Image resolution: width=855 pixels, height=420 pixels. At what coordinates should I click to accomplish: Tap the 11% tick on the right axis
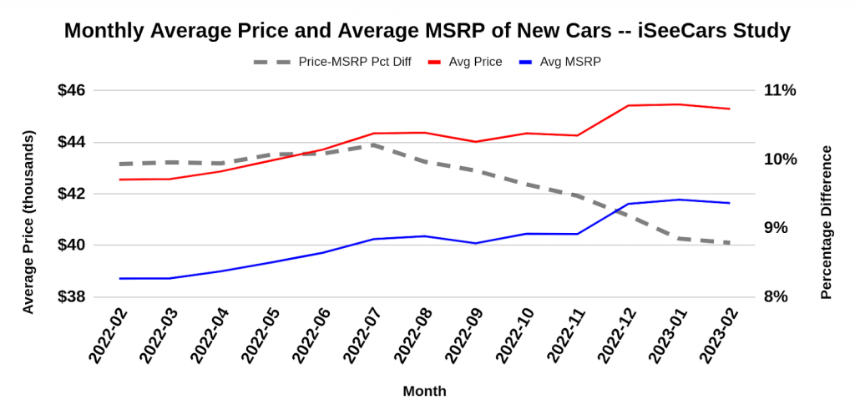pos(780,90)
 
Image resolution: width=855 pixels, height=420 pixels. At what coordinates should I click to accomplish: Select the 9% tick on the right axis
pos(780,228)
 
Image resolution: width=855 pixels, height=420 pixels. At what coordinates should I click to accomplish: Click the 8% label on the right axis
pos(780,296)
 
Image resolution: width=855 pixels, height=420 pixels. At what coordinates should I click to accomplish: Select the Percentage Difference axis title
pos(827,221)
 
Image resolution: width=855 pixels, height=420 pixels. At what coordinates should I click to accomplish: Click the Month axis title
pos(424,391)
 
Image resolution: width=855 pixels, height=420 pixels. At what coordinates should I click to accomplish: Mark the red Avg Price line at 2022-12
pos(628,105)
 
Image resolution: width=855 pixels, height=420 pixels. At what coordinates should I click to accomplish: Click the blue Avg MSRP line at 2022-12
pos(628,204)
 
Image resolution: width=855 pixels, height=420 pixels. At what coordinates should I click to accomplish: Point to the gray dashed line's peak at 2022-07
pos(373,144)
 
